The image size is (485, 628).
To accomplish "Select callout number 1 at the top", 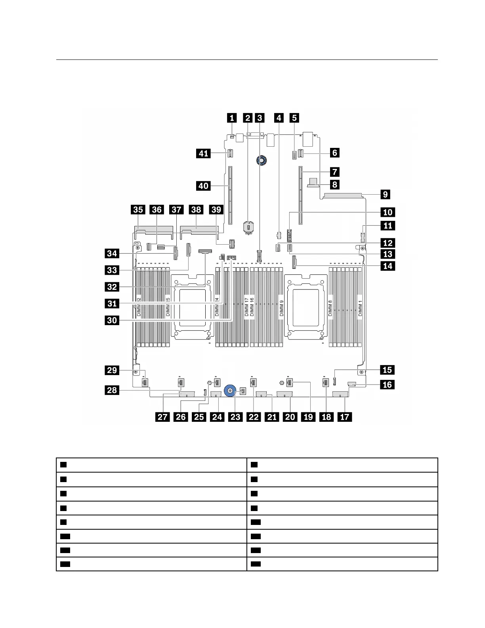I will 232,117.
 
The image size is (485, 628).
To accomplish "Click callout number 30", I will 112,320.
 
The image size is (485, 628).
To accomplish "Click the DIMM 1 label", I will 360,308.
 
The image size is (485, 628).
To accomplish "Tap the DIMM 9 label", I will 281,308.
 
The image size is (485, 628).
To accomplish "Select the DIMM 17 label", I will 246,308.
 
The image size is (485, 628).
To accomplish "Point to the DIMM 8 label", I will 330,308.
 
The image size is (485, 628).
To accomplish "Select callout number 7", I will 334,172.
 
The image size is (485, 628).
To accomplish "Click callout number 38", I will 197,209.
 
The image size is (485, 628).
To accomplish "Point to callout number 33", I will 112,270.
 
